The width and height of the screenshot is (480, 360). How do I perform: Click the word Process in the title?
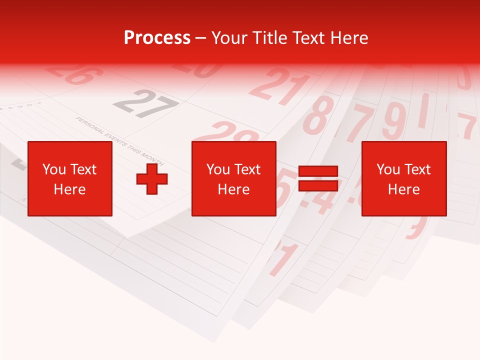[x=157, y=38]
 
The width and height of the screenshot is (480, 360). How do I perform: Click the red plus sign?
[x=152, y=178]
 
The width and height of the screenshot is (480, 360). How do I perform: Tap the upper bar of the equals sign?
[x=318, y=171]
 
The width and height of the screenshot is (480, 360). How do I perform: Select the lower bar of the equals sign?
[x=318, y=185]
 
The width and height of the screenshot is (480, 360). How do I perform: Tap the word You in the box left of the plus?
[x=54, y=169]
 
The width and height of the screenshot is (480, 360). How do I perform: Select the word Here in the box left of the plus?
[x=69, y=189]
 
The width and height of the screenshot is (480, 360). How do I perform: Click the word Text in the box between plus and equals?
[x=247, y=169]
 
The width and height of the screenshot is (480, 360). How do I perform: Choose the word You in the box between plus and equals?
[x=218, y=169]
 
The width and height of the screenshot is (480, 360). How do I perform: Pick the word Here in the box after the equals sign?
[x=403, y=189]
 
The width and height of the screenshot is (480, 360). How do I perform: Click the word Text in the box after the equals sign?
[x=417, y=169]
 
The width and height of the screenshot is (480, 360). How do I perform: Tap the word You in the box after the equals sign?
[x=388, y=169]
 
